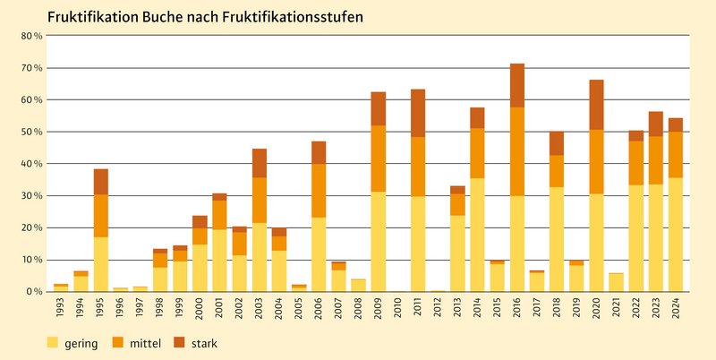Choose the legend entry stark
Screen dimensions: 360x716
point(203,343)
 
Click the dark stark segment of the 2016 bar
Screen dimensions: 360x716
point(517,85)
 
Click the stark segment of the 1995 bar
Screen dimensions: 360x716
point(100,182)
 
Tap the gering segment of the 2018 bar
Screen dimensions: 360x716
point(557,239)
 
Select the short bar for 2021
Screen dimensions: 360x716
point(616,282)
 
